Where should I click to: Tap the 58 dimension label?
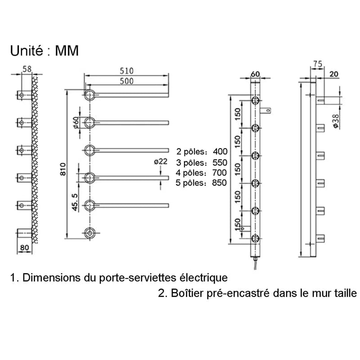pyautogui.click(x=27, y=69)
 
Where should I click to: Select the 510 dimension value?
pyautogui.click(x=126, y=71)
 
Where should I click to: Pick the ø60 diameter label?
pyautogui.click(x=76, y=122)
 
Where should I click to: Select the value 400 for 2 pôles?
pyautogui.click(x=220, y=151)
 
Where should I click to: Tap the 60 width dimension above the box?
pyautogui.click(x=255, y=73)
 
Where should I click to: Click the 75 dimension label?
pyautogui.click(x=318, y=65)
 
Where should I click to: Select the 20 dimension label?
pyautogui.click(x=334, y=74)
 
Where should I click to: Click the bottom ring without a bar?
pyautogui.click(x=90, y=233)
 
